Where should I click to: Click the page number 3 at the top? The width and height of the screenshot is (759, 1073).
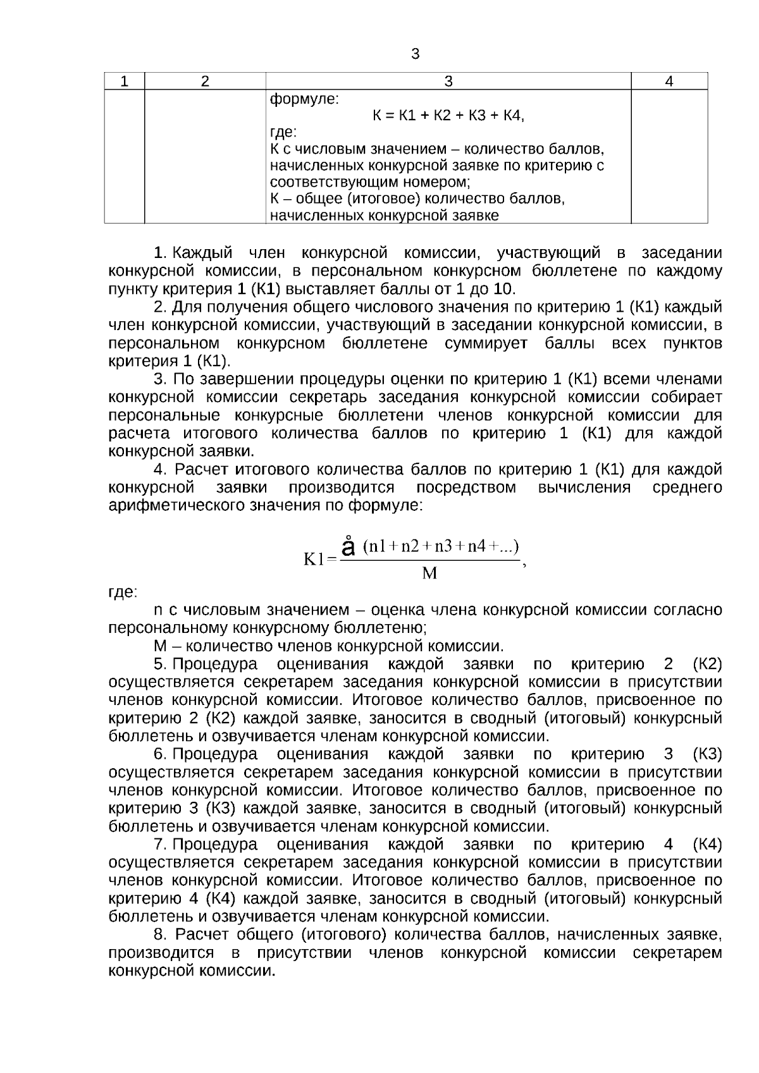(x=416, y=54)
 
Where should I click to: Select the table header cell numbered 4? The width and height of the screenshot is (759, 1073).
(x=669, y=82)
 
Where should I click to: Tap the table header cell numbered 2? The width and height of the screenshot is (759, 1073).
(x=205, y=82)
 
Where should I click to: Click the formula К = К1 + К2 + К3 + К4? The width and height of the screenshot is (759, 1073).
(x=448, y=116)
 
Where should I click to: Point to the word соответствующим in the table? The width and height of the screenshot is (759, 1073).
(x=324, y=182)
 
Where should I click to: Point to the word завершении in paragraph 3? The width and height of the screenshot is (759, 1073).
(x=254, y=379)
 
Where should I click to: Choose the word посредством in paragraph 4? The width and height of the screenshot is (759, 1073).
(x=466, y=487)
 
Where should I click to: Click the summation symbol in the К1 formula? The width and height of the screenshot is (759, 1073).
(x=347, y=548)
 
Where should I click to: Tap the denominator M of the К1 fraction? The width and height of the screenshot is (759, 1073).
(x=429, y=574)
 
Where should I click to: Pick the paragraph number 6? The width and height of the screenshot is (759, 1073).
(x=159, y=754)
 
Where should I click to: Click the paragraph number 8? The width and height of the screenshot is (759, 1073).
(x=159, y=935)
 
